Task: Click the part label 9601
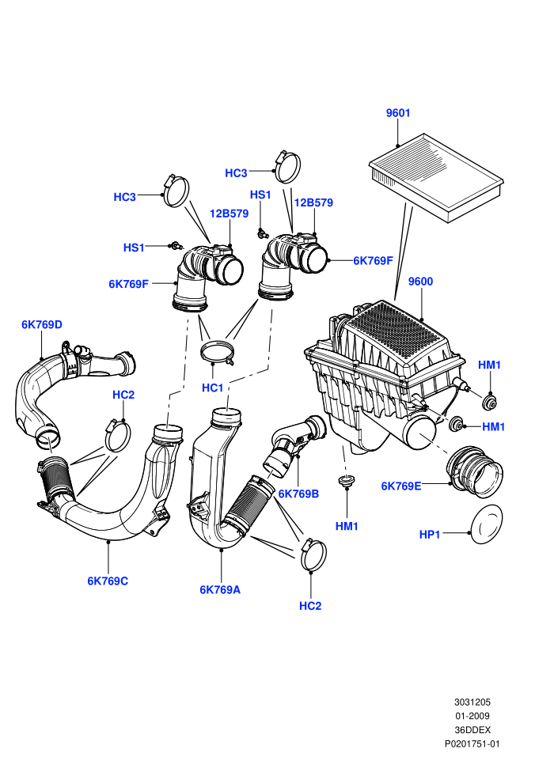pos(397,113)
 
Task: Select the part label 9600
pos(420,282)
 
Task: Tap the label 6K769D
pos(42,324)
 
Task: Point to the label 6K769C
pos(108,581)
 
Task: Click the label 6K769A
pos(220,590)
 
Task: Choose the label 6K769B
pos(298,494)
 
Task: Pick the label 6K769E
pos(401,486)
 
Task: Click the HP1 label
pos(430,535)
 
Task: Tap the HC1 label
pos(212,388)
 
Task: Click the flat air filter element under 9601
pos(436,177)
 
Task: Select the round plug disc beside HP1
pos(487,524)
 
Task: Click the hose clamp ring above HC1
pos(218,351)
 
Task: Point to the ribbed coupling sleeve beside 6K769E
pos(475,470)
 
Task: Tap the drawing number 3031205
pos(472,702)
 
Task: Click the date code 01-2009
pos(472,716)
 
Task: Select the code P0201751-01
pos(472,743)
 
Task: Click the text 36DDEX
pos(472,729)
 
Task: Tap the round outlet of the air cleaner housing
pos(420,433)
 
